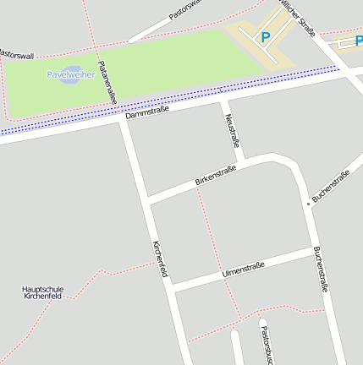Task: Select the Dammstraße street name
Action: pyautogui.click(x=147, y=111)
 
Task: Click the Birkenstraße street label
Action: pyautogui.click(x=215, y=175)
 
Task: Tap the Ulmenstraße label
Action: pyautogui.click(x=243, y=270)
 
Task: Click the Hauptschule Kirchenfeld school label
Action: pyautogui.click(x=42, y=293)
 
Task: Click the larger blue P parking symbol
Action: pyautogui.click(x=265, y=37)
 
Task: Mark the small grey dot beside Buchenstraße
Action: pyautogui.click(x=308, y=204)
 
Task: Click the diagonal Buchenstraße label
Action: pyautogui.click(x=331, y=186)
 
